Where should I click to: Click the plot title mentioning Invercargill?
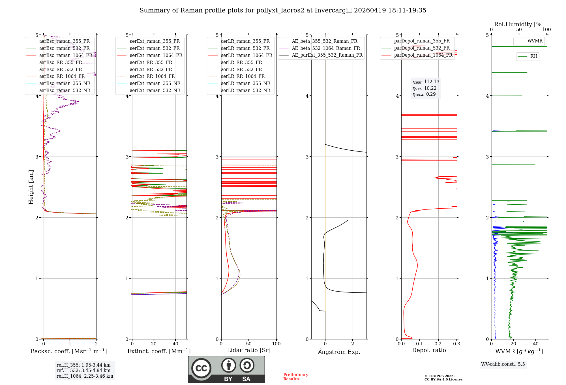(283, 10)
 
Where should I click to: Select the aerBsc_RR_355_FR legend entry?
(61, 62)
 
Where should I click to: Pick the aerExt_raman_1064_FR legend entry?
(156, 55)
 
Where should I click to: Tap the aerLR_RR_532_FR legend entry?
(241, 69)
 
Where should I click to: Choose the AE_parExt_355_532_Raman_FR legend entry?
(327, 55)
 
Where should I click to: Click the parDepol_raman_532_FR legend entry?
(422, 48)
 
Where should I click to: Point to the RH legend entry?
(533, 56)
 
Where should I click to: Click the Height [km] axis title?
(31, 187)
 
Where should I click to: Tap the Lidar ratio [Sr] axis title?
(249, 350)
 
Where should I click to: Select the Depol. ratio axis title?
(429, 350)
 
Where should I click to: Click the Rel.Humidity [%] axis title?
(519, 24)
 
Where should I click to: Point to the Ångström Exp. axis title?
(339, 352)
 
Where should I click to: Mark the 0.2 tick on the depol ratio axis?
(438, 344)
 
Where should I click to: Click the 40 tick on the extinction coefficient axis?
(175, 344)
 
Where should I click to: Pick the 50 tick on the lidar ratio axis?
(249, 344)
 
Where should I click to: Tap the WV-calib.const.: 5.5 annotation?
(503, 364)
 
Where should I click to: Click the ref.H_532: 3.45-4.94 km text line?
(83, 370)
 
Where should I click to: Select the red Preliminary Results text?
(295, 377)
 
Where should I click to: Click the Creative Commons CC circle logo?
(201, 368)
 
